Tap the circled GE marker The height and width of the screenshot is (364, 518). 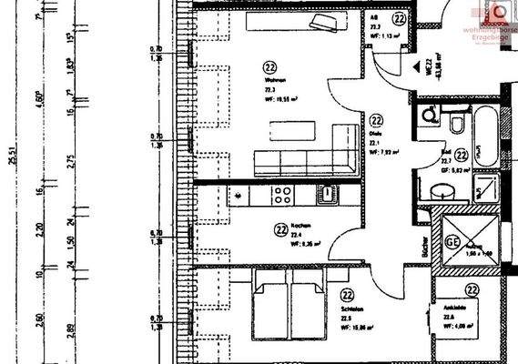[453, 242]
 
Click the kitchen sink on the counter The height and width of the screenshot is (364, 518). [324, 192]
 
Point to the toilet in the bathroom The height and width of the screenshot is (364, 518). [456, 121]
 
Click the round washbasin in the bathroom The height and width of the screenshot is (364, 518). [441, 192]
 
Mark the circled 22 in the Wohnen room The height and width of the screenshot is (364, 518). [269, 66]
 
